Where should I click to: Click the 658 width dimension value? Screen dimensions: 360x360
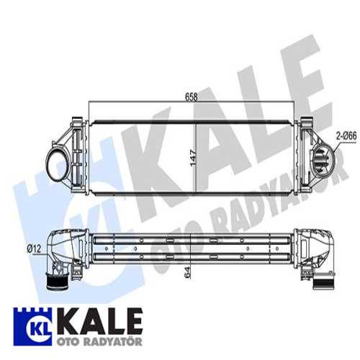191,96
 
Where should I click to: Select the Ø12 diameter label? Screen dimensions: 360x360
34,249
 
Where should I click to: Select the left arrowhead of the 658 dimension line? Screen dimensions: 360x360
90,101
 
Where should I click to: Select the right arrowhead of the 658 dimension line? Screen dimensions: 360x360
296,101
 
